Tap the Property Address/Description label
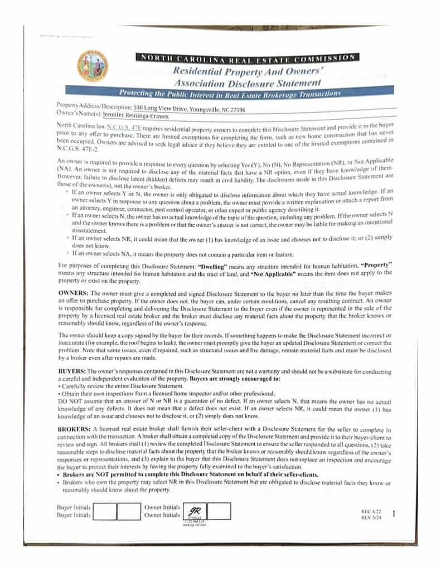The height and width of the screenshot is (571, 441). (x=94, y=107)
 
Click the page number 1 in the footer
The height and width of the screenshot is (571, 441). (x=394, y=514)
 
